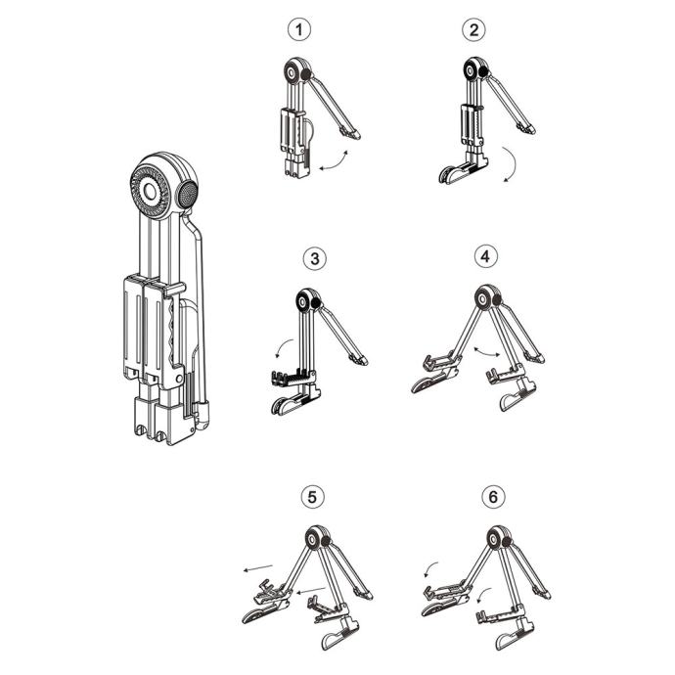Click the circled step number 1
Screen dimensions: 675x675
(298, 29)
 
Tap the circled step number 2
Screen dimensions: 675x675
(473, 29)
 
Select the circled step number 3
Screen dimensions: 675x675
(315, 258)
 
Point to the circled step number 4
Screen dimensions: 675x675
(485, 256)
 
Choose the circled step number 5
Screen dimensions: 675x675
(312, 497)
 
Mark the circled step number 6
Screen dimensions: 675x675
(493, 497)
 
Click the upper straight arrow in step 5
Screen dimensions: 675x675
(258, 567)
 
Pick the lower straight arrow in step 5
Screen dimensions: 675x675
(310, 590)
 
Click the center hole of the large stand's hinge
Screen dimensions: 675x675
(151, 192)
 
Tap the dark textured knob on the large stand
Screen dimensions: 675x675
(188, 194)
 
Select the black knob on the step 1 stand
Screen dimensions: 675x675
(306, 74)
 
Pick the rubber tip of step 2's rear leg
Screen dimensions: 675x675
(527, 128)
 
